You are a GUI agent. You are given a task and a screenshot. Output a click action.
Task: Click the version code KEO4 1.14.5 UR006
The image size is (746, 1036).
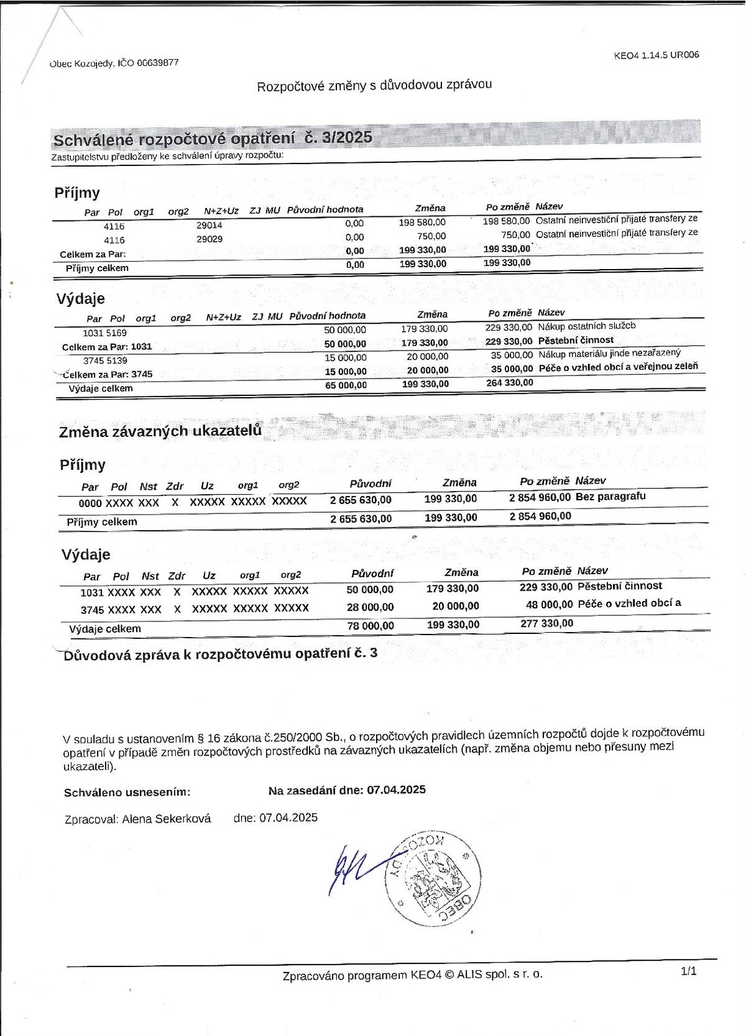pos(656,55)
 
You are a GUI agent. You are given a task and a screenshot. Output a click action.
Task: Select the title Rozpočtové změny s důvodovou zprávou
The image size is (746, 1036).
pos(374,85)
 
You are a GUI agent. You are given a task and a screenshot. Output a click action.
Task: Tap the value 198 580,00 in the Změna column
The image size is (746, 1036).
pos(422,222)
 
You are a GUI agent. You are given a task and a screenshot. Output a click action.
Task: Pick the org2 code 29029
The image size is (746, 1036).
pos(210,239)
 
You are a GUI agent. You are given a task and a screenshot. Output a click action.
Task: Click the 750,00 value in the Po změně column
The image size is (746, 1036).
pos(515,235)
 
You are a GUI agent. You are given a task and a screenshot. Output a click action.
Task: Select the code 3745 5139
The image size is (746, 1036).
pos(105,360)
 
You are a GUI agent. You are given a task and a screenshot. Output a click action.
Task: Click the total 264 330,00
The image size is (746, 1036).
pos(509,383)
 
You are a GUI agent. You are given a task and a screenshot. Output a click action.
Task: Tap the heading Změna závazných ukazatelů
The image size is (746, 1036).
pos(160,431)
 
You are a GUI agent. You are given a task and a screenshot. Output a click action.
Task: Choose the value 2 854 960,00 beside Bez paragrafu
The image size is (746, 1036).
pos(540,497)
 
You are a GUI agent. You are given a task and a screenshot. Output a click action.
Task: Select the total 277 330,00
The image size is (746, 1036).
pos(547,623)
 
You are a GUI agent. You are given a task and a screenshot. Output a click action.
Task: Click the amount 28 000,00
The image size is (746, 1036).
pos(371,607)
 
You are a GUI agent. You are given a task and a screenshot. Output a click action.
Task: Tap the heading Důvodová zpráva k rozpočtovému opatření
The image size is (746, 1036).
pos(220,654)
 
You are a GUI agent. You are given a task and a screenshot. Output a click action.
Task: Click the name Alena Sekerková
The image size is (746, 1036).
pos(167,819)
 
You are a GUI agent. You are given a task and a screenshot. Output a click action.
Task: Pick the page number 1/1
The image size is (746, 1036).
pos(689,971)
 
